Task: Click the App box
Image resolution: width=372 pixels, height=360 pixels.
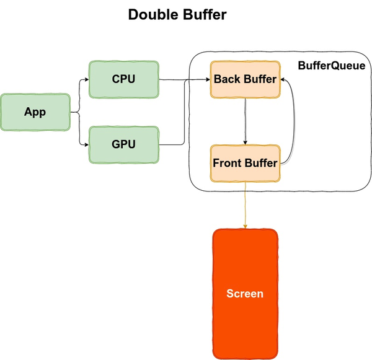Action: click(x=35, y=112)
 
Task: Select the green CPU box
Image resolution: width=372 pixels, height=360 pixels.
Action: click(x=123, y=79)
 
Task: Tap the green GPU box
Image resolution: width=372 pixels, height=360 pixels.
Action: click(x=123, y=144)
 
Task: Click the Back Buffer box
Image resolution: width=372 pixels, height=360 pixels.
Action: click(x=245, y=79)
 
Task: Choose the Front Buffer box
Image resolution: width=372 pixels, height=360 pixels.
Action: click(x=245, y=164)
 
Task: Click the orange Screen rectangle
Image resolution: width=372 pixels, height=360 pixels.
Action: click(x=245, y=293)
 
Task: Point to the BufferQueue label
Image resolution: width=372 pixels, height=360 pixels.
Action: click(x=331, y=66)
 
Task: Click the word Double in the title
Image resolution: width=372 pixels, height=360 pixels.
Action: click(x=156, y=15)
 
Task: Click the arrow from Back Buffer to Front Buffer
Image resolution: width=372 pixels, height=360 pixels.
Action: click(x=246, y=121)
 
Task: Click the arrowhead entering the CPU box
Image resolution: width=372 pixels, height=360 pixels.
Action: click(x=86, y=79)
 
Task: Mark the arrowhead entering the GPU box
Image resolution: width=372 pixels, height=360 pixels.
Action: click(x=86, y=144)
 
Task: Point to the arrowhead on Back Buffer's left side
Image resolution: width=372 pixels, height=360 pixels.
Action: click(x=207, y=79)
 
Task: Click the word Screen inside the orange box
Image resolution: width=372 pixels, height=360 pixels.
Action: click(x=245, y=294)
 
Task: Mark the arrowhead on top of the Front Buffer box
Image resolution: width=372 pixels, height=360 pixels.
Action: click(x=246, y=143)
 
